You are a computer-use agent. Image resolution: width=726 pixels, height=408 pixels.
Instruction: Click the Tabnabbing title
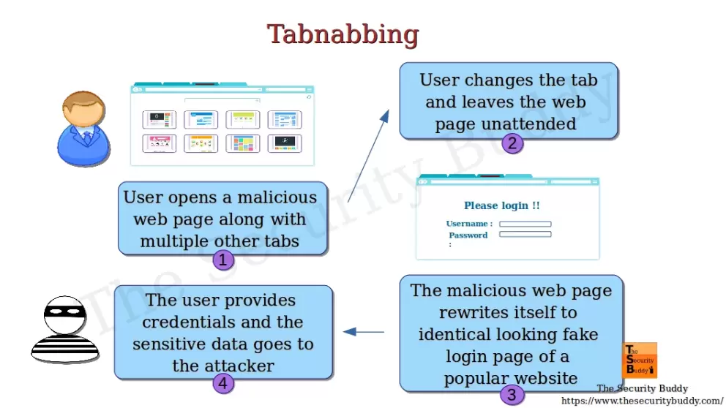pyautogui.click(x=343, y=34)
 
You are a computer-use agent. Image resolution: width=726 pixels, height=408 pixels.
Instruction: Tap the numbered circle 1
pyautogui.click(x=223, y=260)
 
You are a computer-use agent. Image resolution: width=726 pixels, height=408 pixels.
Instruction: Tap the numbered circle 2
pyautogui.click(x=512, y=143)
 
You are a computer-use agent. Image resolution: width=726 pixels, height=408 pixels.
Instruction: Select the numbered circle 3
pyautogui.click(x=512, y=396)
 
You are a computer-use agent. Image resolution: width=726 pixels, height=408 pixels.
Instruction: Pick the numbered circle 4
pyautogui.click(x=223, y=382)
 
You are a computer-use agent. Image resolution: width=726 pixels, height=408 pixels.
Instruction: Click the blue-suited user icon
pyautogui.click(x=82, y=129)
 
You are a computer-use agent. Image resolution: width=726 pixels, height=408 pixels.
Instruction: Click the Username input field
pyautogui.click(x=525, y=224)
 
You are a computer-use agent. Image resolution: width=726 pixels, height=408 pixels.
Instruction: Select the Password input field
pyautogui.click(x=525, y=235)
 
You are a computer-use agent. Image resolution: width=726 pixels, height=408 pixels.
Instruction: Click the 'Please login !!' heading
pyautogui.click(x=502, y=205)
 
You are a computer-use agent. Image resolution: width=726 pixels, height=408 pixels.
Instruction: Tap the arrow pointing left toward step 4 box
pyautogui.click(x=364, y=332)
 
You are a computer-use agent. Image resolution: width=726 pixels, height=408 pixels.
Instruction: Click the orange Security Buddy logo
pyautogui.click(x=640, y=360)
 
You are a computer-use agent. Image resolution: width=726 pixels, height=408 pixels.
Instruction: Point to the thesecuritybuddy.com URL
pyautogui.click(x=642, y=401)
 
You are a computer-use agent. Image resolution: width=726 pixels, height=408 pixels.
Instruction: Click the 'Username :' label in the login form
pyautogui.click(x=469, y=224)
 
